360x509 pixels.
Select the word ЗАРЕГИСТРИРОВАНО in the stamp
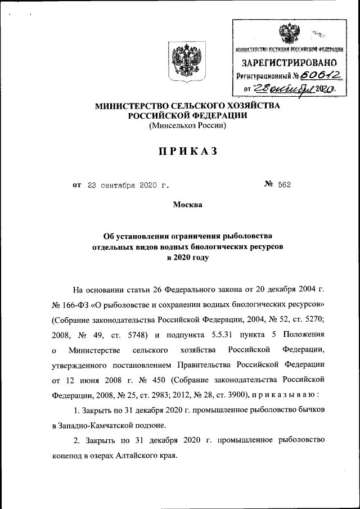289,62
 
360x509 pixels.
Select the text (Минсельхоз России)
187,126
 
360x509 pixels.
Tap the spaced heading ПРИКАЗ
187,151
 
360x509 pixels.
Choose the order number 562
283,184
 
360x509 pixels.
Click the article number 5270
312,320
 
